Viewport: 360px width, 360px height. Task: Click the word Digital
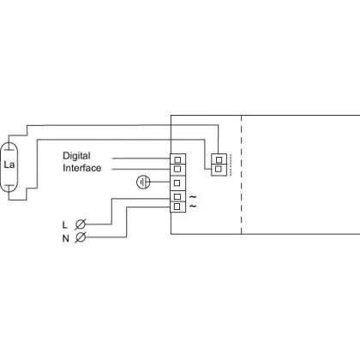76,156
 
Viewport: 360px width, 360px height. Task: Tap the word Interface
82,168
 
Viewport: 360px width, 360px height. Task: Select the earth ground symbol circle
143,183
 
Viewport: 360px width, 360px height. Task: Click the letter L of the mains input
64,225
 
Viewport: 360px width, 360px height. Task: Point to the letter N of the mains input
66,238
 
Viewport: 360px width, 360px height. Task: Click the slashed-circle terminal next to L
81,225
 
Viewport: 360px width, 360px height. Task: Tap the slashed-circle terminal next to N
81,237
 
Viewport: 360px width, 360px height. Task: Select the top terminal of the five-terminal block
177,159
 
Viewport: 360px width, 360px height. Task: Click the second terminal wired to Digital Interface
177,170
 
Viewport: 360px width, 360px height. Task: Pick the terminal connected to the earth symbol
177,183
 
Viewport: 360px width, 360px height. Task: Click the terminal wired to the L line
177,196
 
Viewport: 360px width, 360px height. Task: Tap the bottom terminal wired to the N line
177,207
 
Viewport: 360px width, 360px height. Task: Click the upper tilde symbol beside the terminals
193,196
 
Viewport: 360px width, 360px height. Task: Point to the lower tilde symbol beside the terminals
193,206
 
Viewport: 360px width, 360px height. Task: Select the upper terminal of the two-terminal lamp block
219,159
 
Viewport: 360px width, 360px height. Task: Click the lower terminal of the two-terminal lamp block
219,170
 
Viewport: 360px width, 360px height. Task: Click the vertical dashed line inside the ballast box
242,175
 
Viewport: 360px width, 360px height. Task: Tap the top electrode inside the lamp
9,149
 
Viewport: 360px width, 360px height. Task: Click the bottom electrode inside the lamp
9,185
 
